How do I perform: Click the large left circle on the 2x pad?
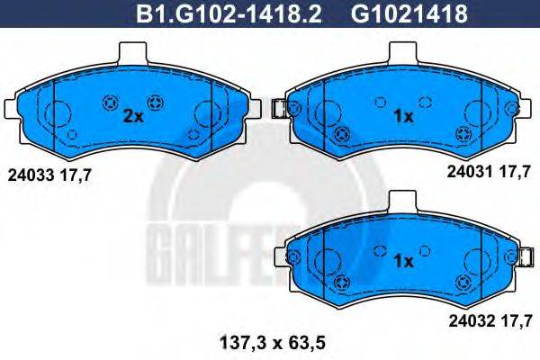click(x=58, y=114)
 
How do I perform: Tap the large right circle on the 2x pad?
click(x=208, y=114)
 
